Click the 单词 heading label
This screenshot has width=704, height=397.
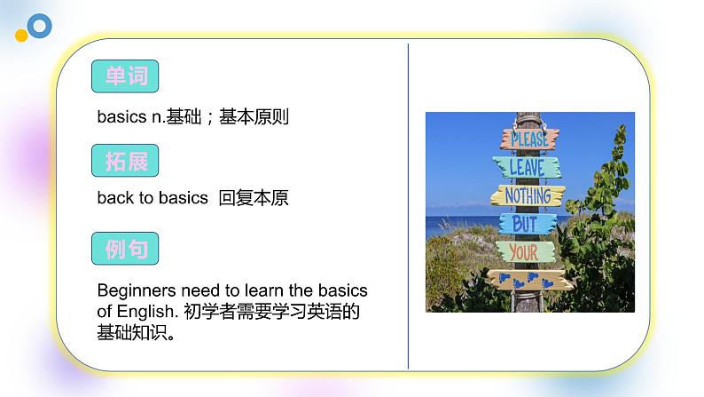tap(125, 76)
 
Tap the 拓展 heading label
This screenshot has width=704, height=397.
tap(125, 163)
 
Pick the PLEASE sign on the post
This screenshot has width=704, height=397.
tap(530, 139)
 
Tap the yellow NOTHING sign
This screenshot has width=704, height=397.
tap(528, 195)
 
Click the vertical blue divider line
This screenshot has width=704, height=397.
tap(409, 204)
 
